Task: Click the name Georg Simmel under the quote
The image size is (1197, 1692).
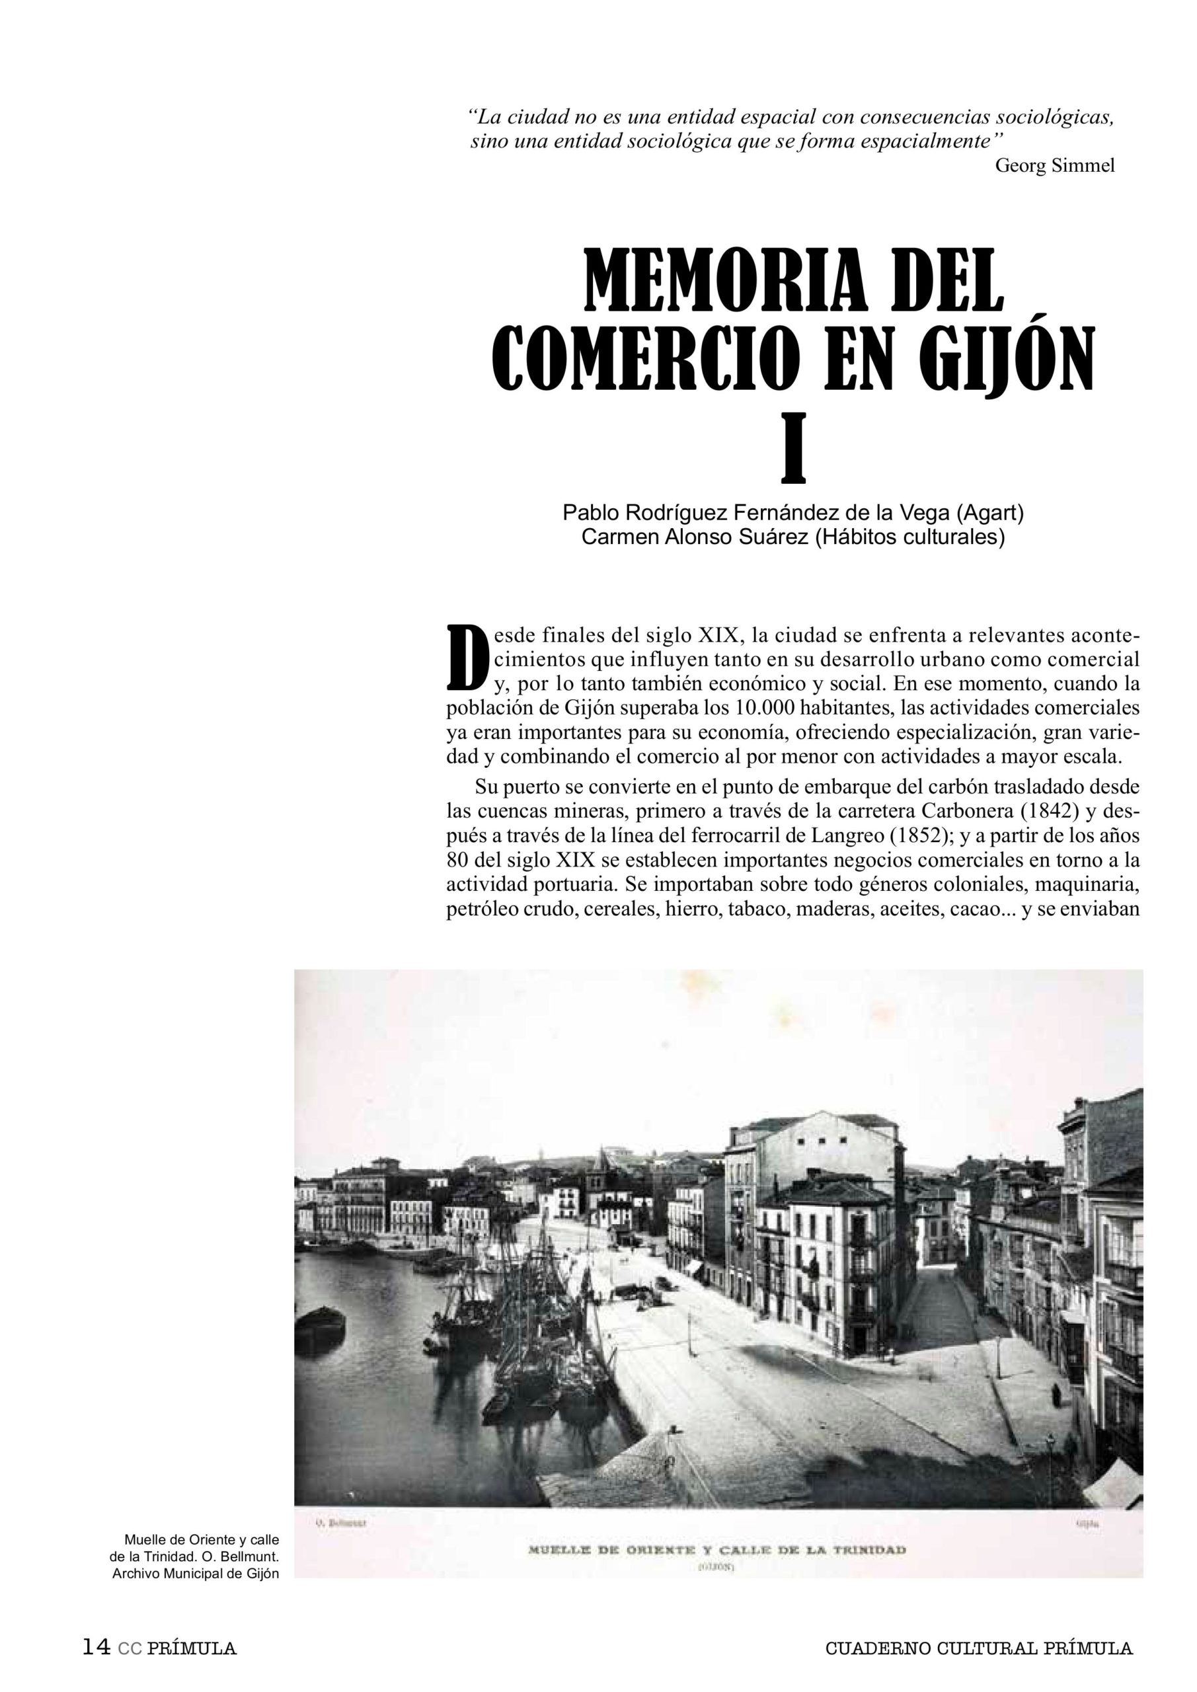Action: click(x=1055, y=166)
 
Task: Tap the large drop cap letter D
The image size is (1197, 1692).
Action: click(x=466, y=656)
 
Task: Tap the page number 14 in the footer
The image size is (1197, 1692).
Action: click(x=96, y=1647)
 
